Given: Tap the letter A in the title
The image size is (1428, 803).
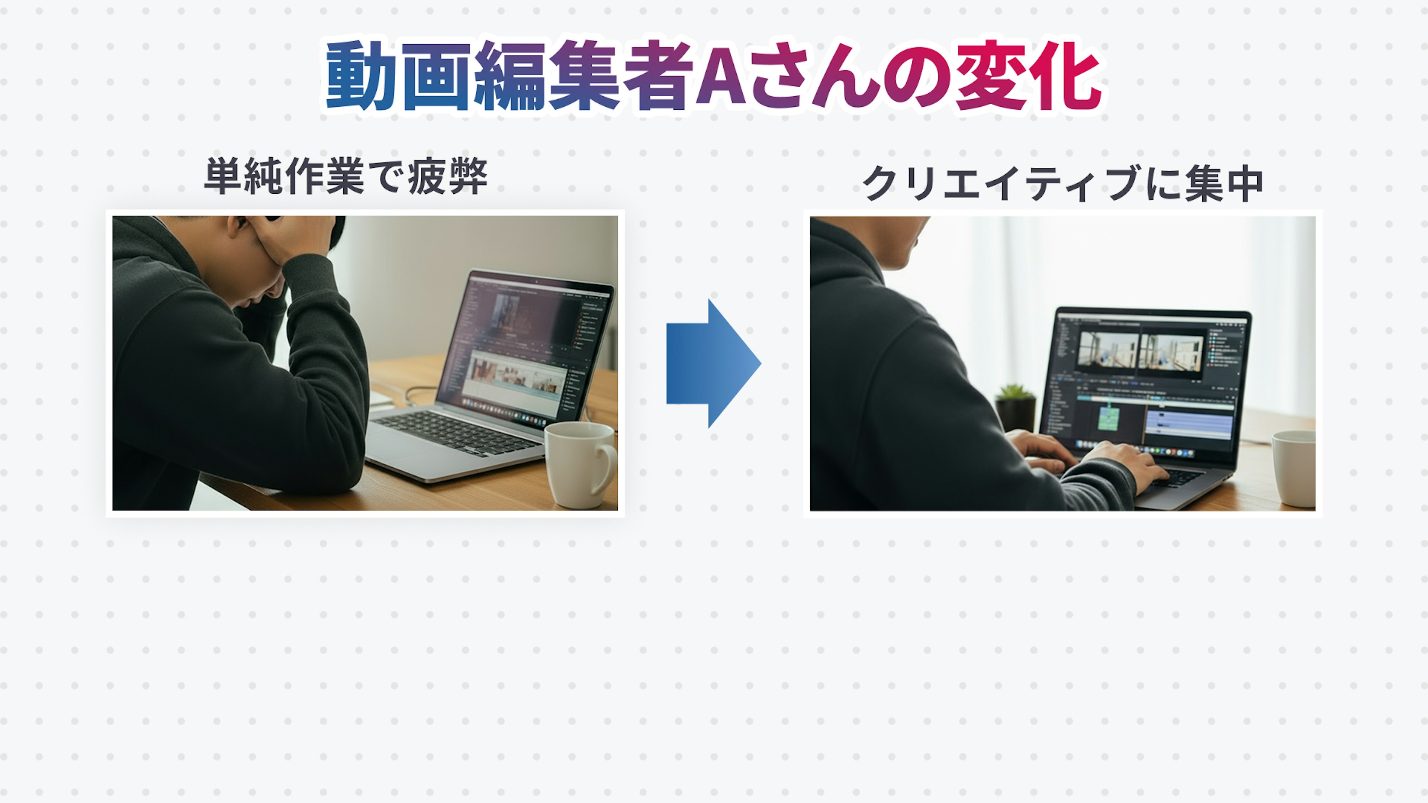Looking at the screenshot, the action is click(720, 75).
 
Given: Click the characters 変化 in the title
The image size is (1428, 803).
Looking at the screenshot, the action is click(1028, 75).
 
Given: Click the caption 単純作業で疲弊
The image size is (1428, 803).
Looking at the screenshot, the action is click(346, 176).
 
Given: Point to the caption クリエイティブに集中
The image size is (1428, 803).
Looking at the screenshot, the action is click(1063, 183).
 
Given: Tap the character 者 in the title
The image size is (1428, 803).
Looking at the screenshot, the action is click(657, 75).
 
